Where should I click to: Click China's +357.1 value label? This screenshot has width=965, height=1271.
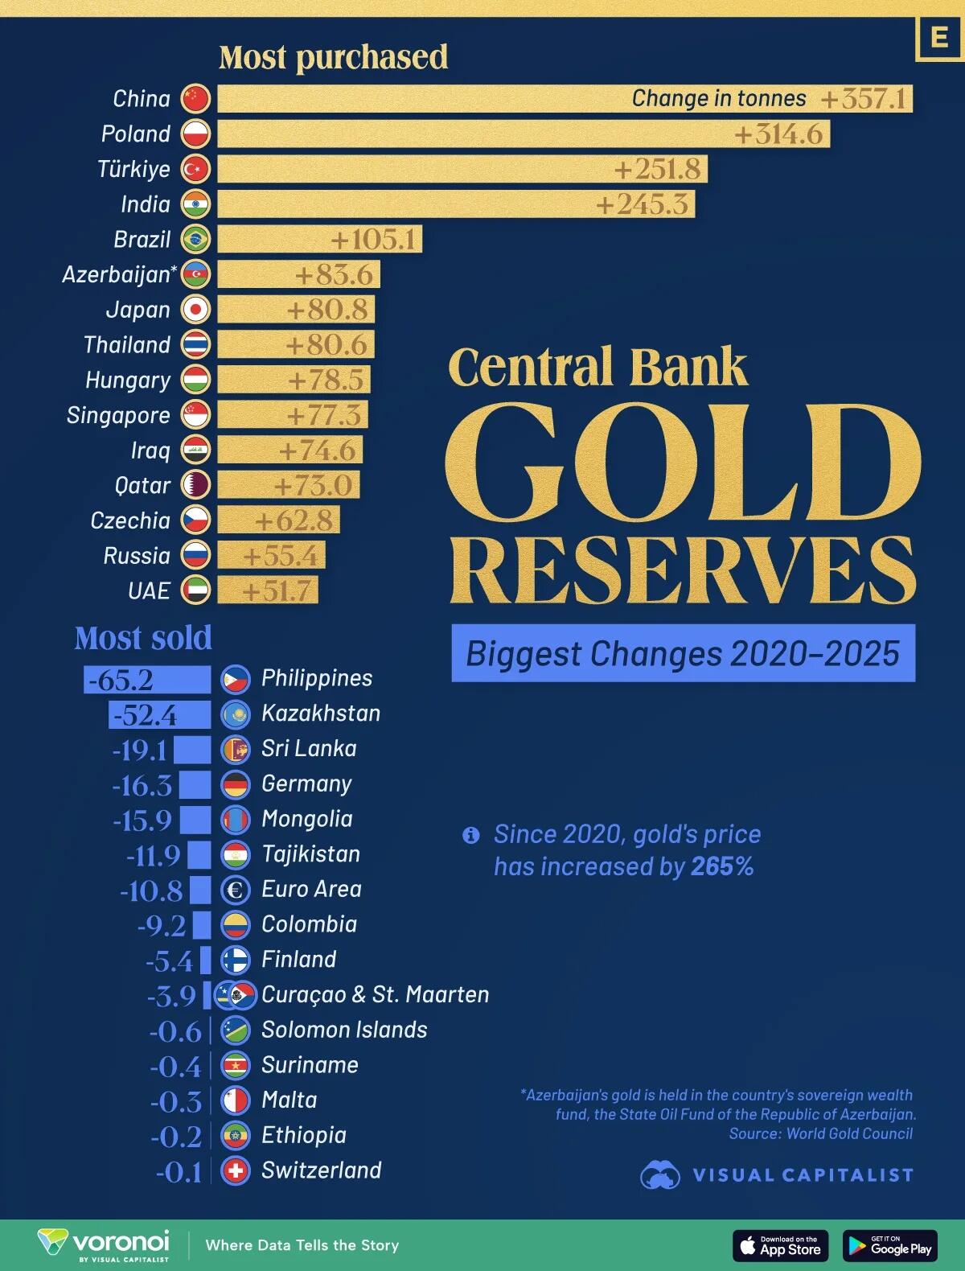point(864,99)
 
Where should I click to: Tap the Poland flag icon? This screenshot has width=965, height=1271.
point(195,134)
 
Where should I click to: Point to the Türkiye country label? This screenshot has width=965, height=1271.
point(134,169)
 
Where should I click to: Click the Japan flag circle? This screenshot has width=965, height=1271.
point(195,310)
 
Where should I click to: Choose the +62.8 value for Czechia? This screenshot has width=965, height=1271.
point(294,520)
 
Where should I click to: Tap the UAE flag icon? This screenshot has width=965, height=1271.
point(195,590)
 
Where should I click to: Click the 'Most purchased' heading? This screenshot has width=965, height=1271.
point(333,57)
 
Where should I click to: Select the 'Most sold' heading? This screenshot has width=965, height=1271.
point(143,638)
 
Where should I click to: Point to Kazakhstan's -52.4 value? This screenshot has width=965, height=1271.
point(146,715)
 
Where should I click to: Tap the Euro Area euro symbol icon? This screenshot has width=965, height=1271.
point(236,890)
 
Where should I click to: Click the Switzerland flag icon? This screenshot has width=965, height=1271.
point(236,1170)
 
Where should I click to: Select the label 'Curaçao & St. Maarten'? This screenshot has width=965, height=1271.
point(375,994)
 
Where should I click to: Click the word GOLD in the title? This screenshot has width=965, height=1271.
point(682,465)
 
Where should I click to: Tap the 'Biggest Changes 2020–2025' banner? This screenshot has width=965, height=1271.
point(683,653)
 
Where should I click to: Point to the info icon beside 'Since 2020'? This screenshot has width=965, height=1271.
point(471,835)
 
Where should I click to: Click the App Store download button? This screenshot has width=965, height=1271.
point(780,1245)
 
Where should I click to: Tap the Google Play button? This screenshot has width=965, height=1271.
point(890,1245)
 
